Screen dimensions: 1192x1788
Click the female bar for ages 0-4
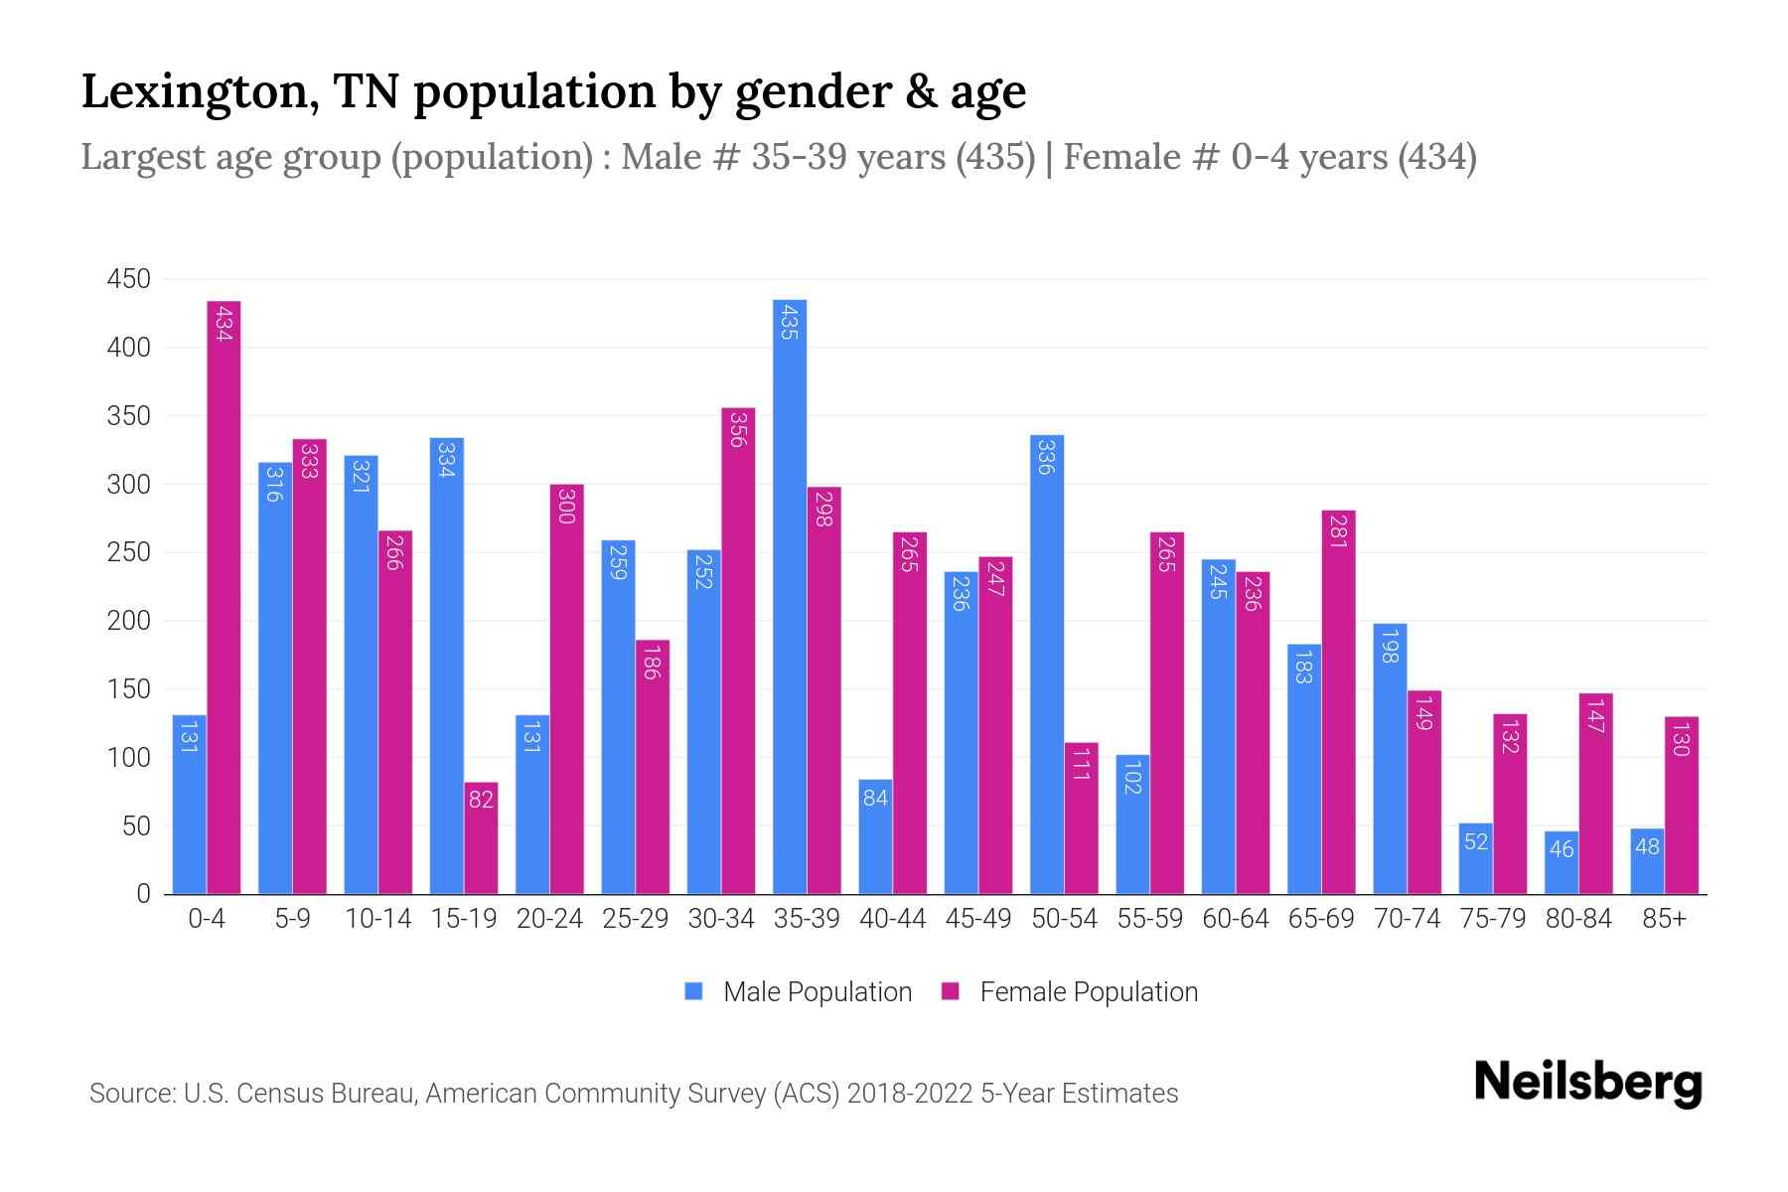click(x=223, y=596)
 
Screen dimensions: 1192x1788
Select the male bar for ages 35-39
click(x=790, y=596)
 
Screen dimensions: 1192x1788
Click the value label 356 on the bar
click(x=737, y=428)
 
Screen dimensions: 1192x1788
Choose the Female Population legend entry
click(x=1070, y=992)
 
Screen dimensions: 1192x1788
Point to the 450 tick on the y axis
click(x=129, y=279)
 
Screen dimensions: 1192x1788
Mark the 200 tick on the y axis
click(x=129, y=621)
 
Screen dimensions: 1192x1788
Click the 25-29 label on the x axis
click(x=635, y=919)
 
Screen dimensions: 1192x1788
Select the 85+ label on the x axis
click(x=1664, y=919)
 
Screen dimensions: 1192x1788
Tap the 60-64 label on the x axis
click(x=1235, y=919)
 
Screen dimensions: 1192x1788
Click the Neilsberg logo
click(x=1587, y=1083)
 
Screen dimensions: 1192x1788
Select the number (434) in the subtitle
click(x=1436, y=157)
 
